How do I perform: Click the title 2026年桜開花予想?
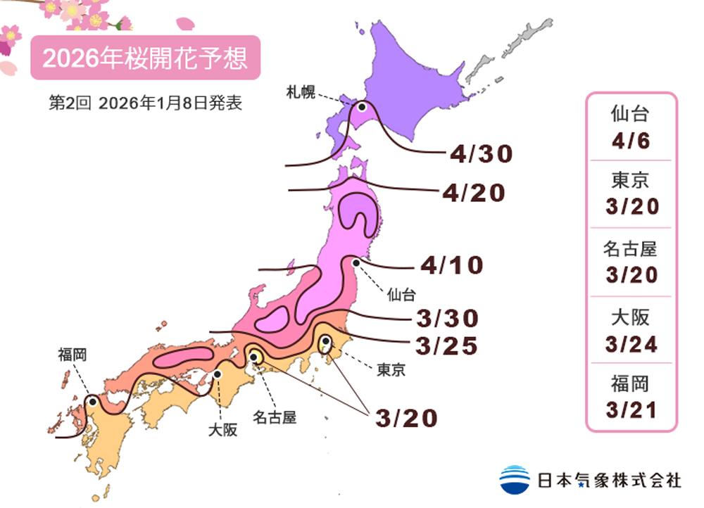pyautogui.click(x=145, y=58)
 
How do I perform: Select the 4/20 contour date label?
pyautogui.click(x=474, y=193)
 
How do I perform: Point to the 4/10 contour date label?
pyautogui.click(x=452, y=265)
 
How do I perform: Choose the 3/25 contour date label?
pyautogui.click(x=446, y=345)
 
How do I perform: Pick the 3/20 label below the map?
pyautogui.click(x=406, y=418)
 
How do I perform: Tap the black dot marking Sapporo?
pyautogui.click(x=362, y=107)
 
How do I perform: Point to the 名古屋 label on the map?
pyautogui.click(x=275, y=417)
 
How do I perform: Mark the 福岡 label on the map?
pyautogui.click(x=73, y=355)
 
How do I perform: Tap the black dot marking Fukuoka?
pyautogui.click(x=92, y=402)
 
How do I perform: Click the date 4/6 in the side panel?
pyautogui.click(x=631, y=141)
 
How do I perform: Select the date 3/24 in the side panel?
pyautogui.click(x=631, y=344)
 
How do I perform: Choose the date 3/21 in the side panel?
pyautogui.click(x=631, y=409)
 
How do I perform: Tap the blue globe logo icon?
pyautogui.click(x=515, y=480)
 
